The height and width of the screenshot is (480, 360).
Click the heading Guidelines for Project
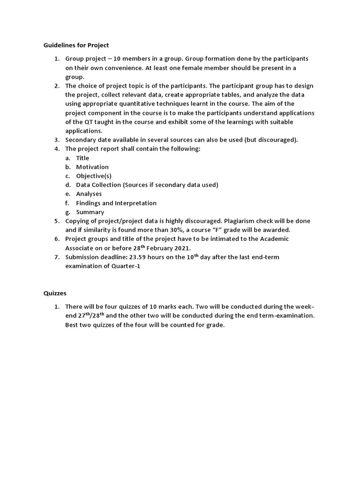tap(76, 45)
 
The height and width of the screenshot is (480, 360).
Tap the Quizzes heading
tap(55, 293)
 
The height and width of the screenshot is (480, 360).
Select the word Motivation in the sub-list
tap(92, 167)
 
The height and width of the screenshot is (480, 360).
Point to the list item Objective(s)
tap(94, 176)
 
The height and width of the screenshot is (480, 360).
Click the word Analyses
tap(89, 194)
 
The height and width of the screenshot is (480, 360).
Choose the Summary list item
tap(90, 212)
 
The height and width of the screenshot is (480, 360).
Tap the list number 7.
tap(56, 257)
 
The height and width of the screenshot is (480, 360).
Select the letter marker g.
tap(67, 212)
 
